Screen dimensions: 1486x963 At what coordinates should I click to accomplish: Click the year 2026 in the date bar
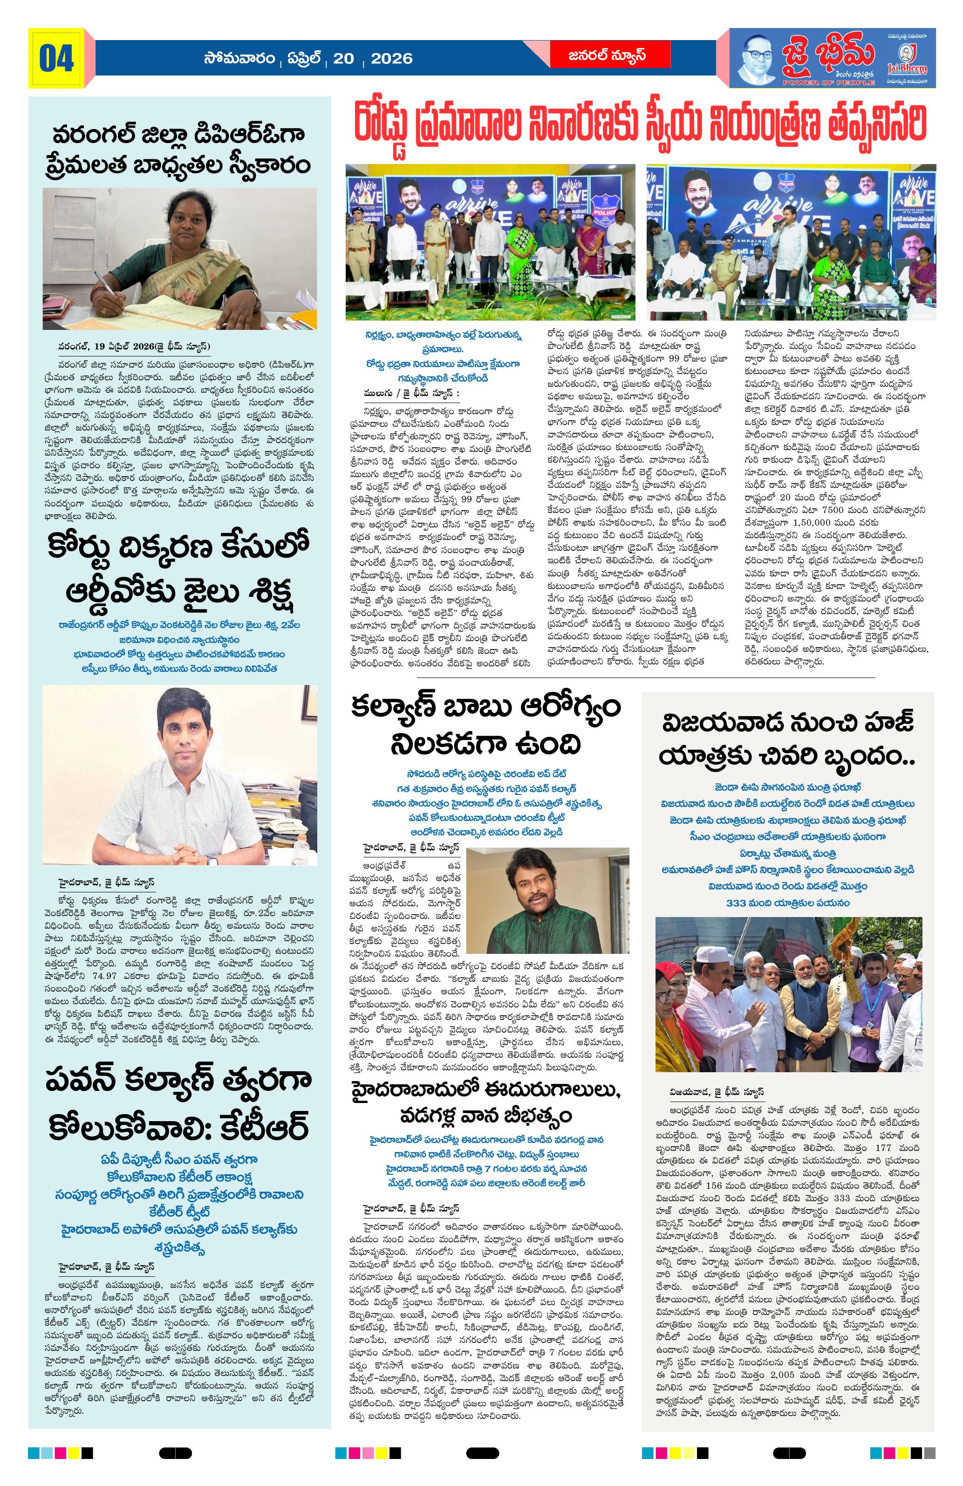(391, 59)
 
